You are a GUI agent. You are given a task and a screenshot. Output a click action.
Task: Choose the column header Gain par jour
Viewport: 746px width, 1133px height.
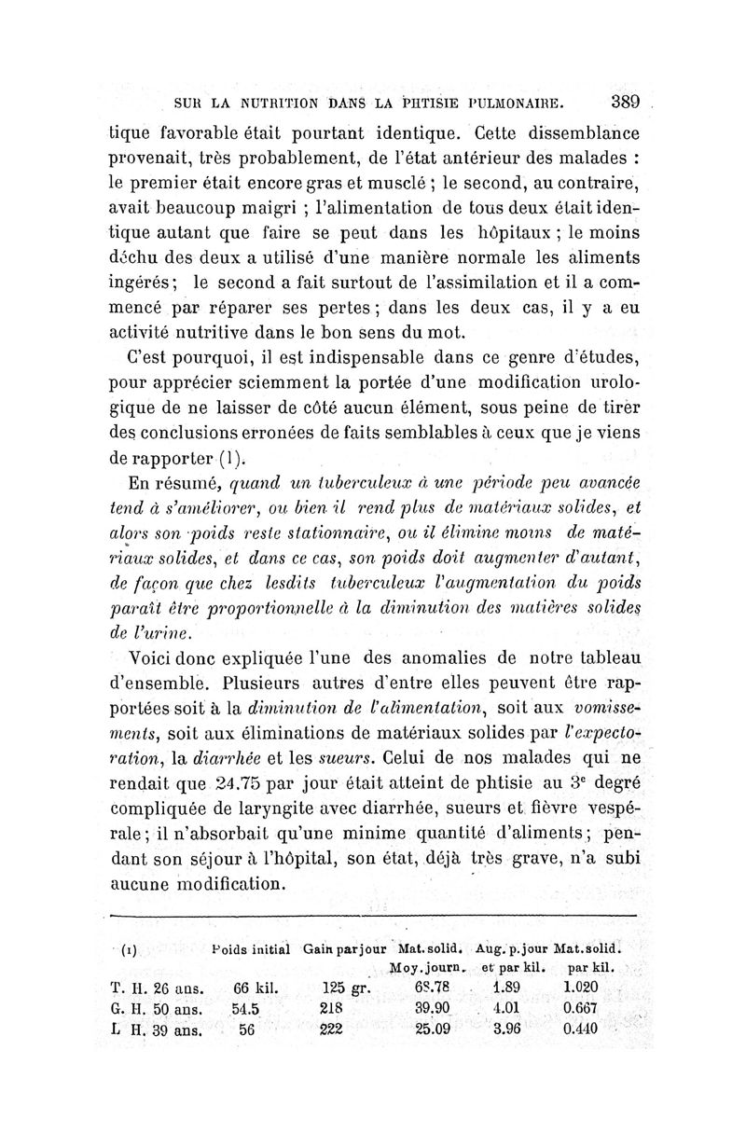coord(346,950)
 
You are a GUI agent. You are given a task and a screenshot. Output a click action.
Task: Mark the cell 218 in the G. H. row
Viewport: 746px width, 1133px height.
coord(332,1008)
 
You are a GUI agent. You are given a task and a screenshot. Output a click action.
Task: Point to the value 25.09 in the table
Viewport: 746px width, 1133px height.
coord(434,1029)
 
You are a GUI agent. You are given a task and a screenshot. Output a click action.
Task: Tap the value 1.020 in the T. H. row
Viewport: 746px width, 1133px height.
coord(582,988)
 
